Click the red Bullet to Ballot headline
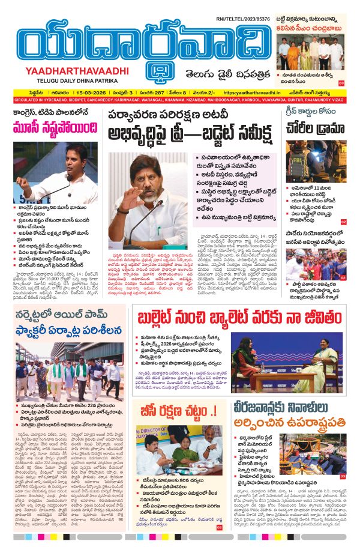(239, 316)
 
